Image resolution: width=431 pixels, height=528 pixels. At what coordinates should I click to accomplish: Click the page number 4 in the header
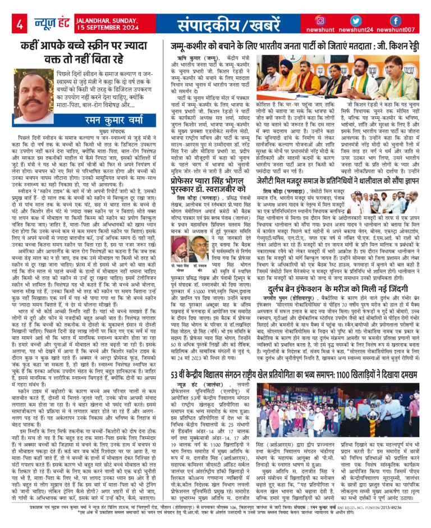coord(20,24)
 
